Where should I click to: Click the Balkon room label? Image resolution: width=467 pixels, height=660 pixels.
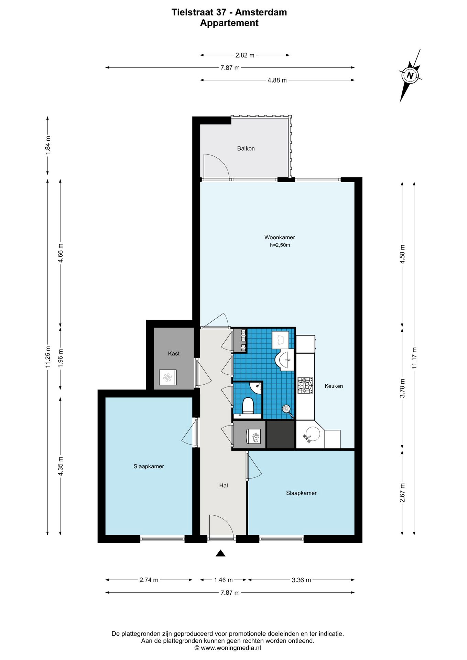click(x=246, y=148)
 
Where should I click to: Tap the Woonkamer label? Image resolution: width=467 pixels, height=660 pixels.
click(x=280, y=237)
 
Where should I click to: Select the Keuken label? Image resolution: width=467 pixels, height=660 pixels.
click(x=334, y=386)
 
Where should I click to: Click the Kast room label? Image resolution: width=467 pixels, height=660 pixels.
click(x=174, y=353)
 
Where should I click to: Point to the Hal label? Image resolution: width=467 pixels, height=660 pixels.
click(x=224, y=485)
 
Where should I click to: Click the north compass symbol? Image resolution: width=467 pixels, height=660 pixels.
click(x=410, y=76)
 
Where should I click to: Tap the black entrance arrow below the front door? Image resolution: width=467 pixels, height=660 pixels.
click(x=220, y=553)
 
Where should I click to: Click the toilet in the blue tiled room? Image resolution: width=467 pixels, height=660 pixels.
click(x=248, y=406)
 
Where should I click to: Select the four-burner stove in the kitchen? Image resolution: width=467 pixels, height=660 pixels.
click(x=305, y=386)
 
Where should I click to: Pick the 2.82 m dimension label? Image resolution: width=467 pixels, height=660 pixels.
click(x=245, y=55)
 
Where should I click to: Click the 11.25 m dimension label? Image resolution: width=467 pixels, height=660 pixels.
click(x=48, y=357)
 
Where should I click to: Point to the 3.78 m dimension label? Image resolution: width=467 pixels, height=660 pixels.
click(x=402, y=388)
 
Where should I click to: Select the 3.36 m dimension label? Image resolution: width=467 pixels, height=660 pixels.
click(x=301, y=580)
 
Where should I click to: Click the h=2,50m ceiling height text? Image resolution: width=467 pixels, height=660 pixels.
click(x=280, y=245)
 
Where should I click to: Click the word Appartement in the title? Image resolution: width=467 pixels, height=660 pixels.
click(x=229, y=23)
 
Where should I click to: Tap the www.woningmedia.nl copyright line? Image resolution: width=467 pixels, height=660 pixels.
click(x=228, y=648)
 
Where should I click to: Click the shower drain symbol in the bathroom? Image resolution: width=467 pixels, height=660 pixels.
click(x=286, y=409)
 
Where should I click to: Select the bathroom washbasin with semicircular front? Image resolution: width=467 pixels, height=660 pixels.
click(x=284, y=360)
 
